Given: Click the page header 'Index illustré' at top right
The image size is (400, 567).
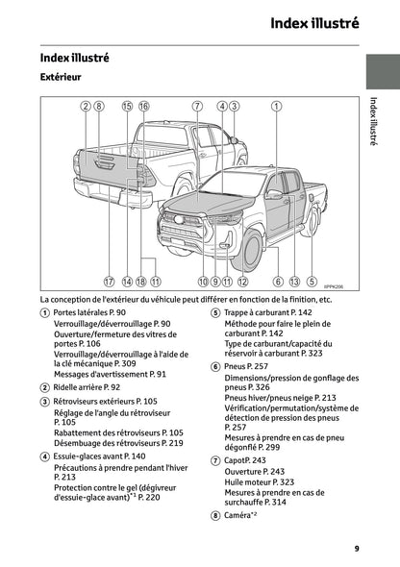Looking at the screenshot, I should click(314, 22).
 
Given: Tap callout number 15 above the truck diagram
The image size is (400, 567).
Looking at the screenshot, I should click(127, 107).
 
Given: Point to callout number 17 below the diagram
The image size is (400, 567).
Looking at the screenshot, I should click(110, 282).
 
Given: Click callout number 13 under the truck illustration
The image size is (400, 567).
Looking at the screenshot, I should click(294, 282).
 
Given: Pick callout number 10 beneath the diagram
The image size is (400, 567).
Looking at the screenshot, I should click(203, 282).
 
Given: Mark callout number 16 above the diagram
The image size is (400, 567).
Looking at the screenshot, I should click(143, 107).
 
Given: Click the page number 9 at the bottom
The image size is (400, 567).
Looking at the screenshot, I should click(356, 548).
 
